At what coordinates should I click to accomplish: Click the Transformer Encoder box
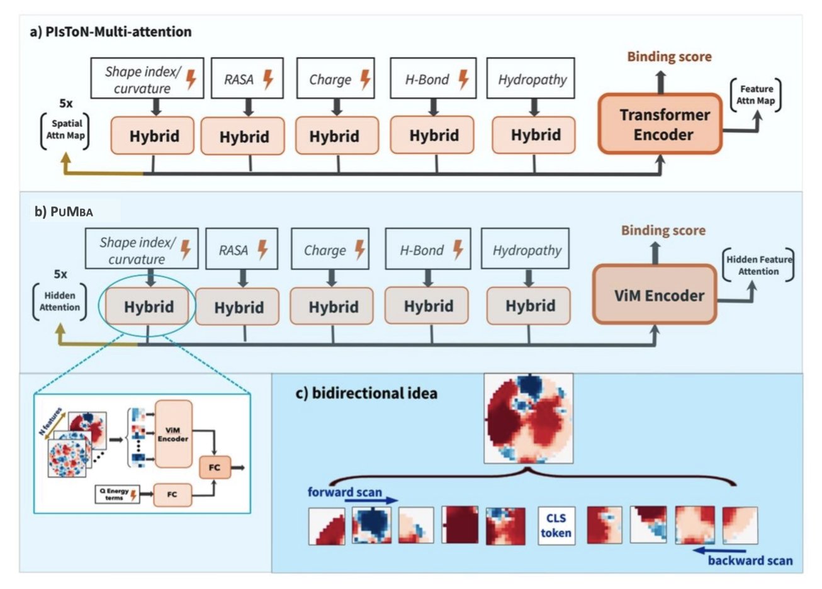(660, 124)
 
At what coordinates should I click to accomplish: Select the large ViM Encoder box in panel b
(655, 295)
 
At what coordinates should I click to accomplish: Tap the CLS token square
(556, 525)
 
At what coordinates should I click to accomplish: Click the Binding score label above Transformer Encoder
(669, 57)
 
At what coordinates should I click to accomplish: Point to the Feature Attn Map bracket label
(756, 95)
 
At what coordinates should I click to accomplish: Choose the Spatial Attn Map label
(65, 130)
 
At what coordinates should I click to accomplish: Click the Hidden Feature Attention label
(758, 266)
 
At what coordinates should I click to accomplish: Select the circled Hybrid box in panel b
(149, 306)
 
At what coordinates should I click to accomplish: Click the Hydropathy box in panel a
(532, 79)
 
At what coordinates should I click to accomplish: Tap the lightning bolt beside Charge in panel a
(365, 79)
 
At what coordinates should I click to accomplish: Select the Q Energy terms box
(117, 495)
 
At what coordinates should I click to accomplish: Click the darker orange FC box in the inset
(215, 468)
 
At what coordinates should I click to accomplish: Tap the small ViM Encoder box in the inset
(173, 434)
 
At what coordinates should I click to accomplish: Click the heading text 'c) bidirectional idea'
(366, 393)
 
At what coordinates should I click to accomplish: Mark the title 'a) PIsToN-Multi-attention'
(111, 31)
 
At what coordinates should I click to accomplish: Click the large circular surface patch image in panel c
(529, 418)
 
